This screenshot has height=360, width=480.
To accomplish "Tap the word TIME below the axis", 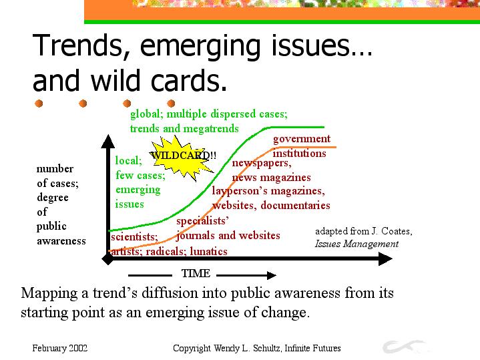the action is coord(196,273).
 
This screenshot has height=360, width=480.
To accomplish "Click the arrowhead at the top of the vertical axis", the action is coord(107,141).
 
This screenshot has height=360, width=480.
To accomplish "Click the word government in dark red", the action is coord(302,139).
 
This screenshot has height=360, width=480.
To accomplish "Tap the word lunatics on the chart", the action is coord(208,252).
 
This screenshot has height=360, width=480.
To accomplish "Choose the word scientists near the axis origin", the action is coord(134,237).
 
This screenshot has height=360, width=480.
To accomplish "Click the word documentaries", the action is coord(295,205).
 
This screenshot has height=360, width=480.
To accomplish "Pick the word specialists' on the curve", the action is coord(202,221).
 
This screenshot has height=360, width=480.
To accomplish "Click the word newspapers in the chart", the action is coord(262,163).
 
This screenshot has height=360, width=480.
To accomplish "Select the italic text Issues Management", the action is coord(356,244).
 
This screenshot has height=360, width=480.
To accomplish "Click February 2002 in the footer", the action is coord(59,348).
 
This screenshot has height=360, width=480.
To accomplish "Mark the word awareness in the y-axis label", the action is coord(61,241).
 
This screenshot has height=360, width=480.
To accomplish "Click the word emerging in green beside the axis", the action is coord(138,190).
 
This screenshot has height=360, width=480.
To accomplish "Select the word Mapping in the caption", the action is coord(49,293).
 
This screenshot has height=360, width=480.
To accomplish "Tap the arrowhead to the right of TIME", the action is coord(272,275).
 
